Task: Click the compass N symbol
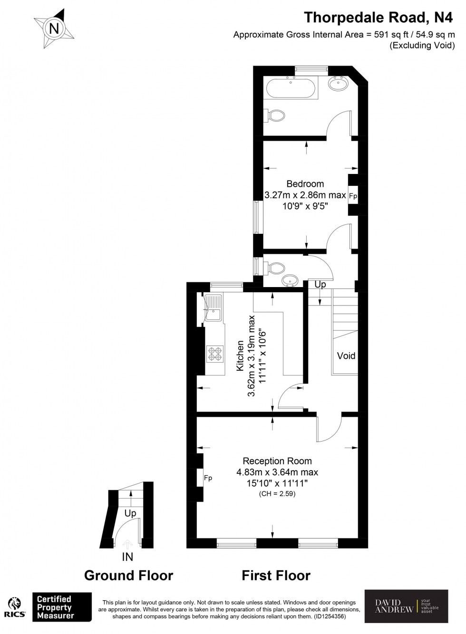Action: tap(54, 29)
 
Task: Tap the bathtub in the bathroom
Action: tap(290, 88)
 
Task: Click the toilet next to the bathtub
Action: tap(276, 115)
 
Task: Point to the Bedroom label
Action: tap(305, 184)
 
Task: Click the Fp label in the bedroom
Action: tap(353, 196)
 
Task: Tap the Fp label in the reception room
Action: tap(208, 478)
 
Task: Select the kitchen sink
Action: tap(214, 308)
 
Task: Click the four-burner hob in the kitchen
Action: tap(214, 354)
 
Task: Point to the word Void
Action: tap(346, 355)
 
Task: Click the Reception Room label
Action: tap(277, 461)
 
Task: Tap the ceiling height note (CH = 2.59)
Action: tap(277, 494)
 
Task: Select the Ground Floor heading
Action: tap(128, 576)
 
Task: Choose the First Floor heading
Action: tap(276, 576)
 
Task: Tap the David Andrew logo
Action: tap(406, 606)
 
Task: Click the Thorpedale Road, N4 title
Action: tap(379, 18)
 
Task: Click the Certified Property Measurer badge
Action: tap(61, 607)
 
